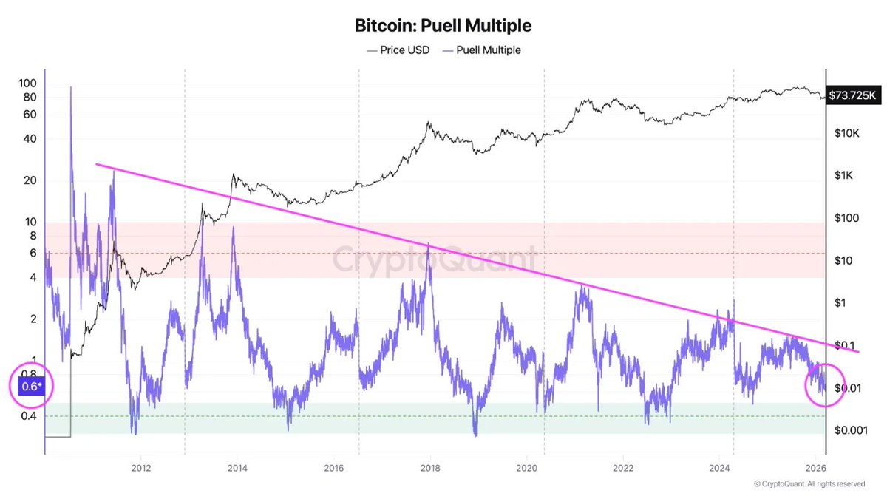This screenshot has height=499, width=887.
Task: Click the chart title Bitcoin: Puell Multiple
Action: coord(443,26)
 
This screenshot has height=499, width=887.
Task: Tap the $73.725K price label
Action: coord(852,95)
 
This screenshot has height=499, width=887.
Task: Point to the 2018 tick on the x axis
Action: coord(430,467)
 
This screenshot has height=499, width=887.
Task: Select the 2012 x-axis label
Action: coord(141,467)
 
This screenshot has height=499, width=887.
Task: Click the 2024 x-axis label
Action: coord(719,467)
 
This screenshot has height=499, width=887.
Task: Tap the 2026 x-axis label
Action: coord(815,467)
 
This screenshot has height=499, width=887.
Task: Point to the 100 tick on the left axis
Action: coord(27,83)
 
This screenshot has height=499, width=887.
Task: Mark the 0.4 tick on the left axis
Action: coord(29,416)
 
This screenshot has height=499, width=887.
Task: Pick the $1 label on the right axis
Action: coord(839,303)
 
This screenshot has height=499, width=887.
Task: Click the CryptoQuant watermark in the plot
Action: coord(434,260)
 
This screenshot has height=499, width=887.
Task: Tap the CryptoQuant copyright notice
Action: coord(809,484)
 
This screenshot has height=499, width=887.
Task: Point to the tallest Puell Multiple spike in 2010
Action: coord(71,87)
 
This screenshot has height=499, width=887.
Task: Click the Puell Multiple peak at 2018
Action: coord(429,253)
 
